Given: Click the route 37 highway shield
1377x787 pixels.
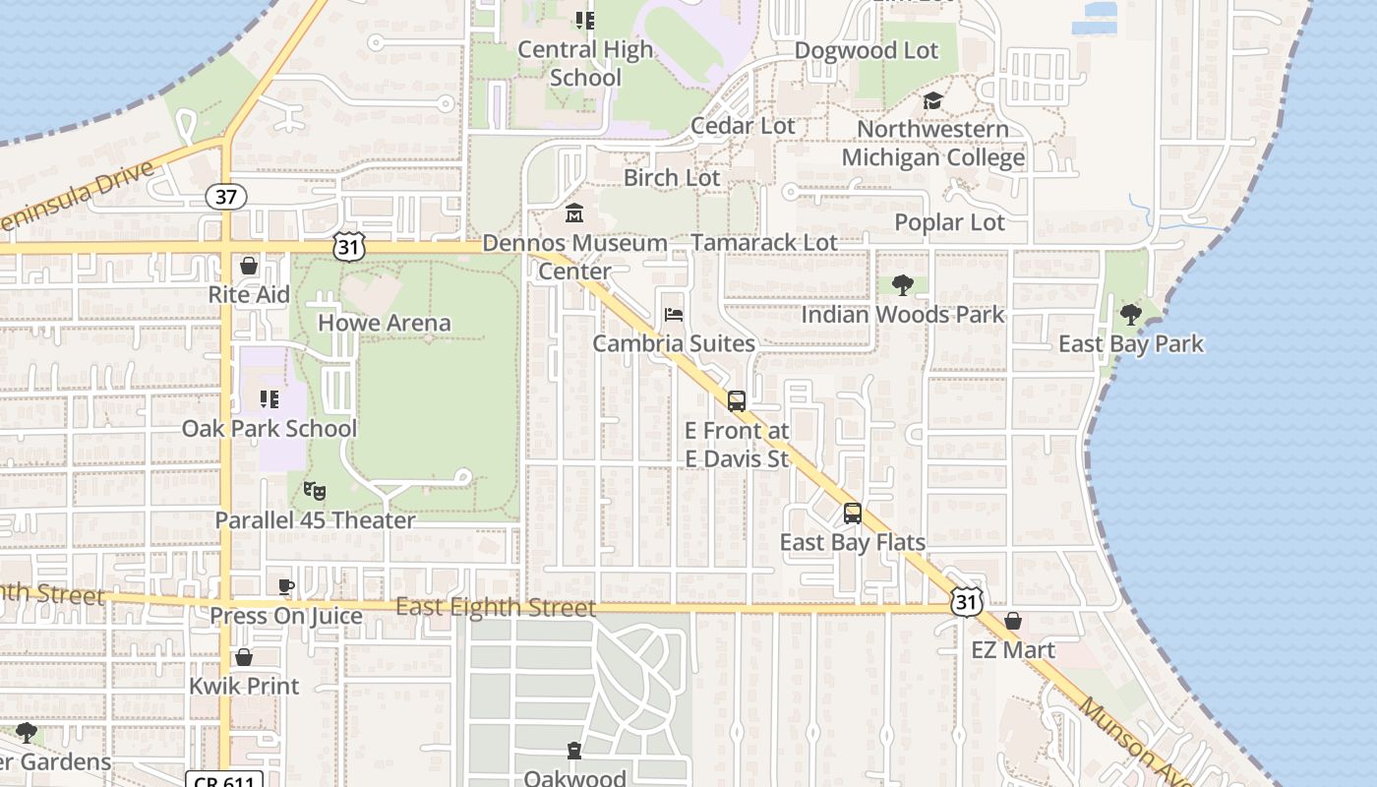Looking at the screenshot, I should (226, 197).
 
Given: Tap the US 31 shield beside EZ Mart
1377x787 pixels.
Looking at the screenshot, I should (966, 600).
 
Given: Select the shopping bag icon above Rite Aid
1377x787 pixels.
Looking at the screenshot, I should (249, 266).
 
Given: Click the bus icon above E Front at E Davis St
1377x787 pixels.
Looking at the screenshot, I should (736, 400).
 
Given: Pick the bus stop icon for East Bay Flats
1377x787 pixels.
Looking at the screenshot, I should (852, 514).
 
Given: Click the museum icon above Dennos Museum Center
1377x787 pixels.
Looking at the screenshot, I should (574, 212).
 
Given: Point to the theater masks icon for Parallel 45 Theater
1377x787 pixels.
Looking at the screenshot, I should (315, 489).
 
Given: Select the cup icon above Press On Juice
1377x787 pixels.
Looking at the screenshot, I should (286, 587).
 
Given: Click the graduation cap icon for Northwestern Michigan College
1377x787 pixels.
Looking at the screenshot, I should (932, 100).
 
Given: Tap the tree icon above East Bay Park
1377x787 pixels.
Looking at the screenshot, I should (1130, 315).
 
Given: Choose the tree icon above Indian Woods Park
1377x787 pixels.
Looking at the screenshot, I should (902, 285).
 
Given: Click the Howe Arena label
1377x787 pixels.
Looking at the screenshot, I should (385, 323).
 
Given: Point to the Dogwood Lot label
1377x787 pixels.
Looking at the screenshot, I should (867, 50).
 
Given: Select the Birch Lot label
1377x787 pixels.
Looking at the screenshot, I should (672, 178).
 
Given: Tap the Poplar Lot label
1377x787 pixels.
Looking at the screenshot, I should (949, 222).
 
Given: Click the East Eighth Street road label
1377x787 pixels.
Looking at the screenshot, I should (496, 607).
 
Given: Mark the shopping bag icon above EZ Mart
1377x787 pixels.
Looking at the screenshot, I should (1013, 622).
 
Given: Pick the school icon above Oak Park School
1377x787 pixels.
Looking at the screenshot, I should (269, 399).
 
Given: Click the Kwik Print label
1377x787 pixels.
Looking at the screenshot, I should (244, 686).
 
